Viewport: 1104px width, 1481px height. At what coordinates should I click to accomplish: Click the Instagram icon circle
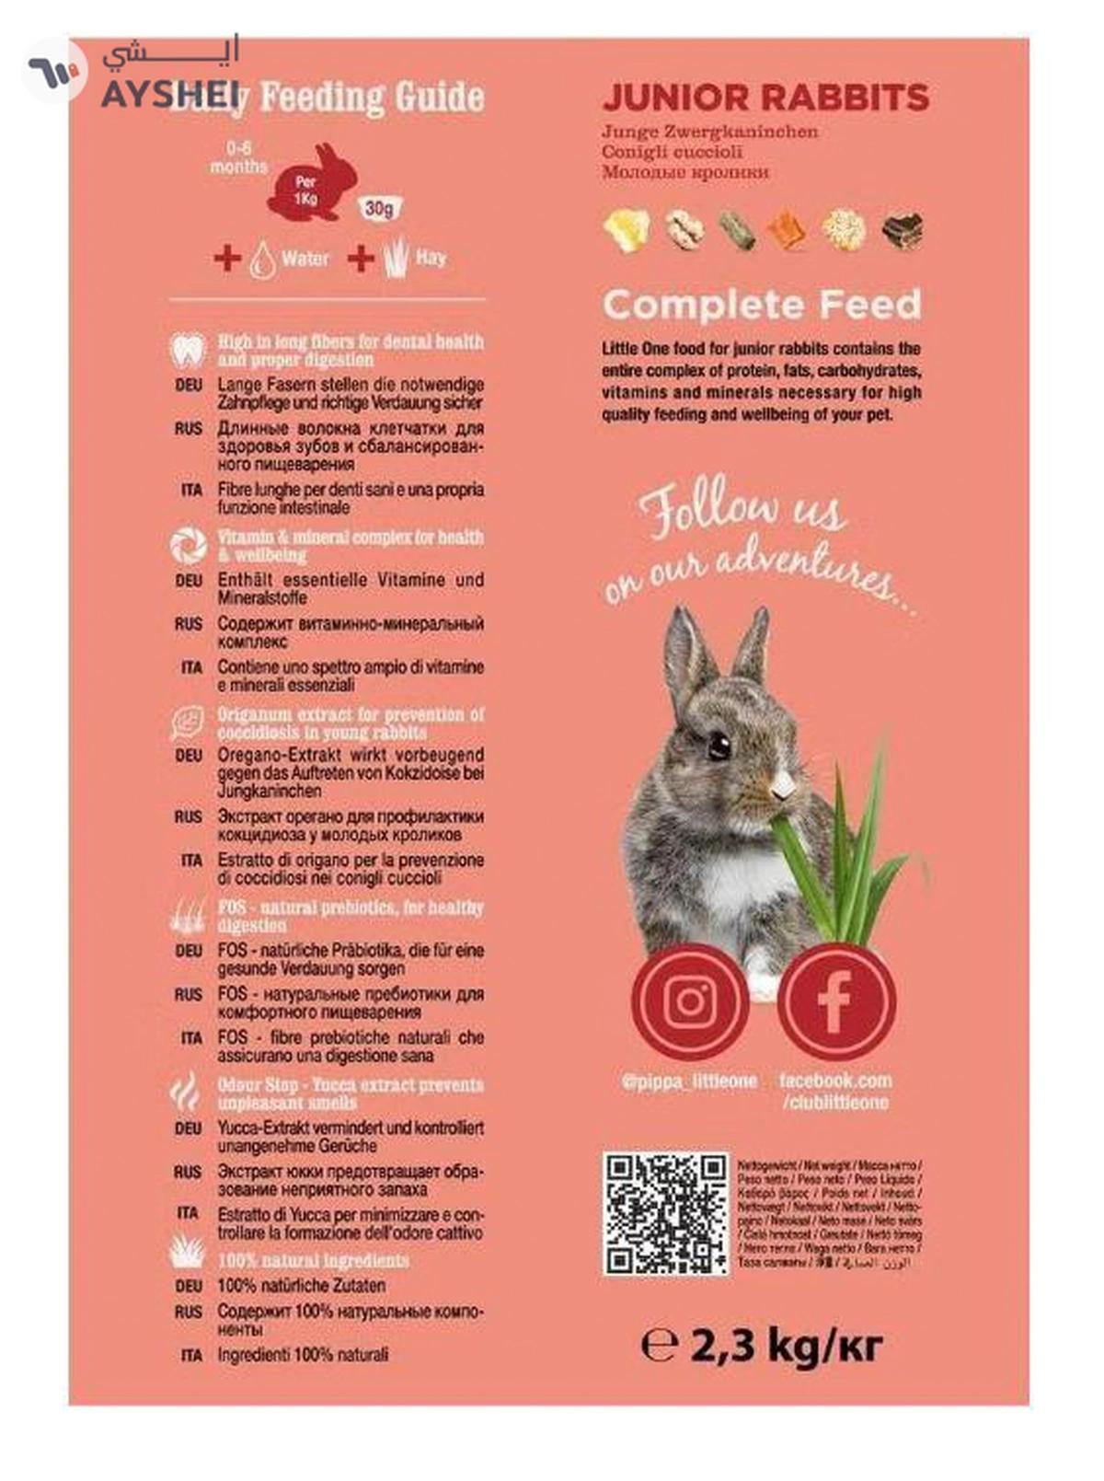click(x=689, y=1001)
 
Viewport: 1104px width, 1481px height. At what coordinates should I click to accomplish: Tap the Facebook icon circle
click(x=835, y=1001)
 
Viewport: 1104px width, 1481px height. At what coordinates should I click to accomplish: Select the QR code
click(x=665, y=1212)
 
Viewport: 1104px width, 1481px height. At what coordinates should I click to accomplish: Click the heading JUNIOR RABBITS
click(x=765, y=98)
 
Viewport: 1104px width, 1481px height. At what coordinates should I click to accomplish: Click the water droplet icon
click(x=262, y=260)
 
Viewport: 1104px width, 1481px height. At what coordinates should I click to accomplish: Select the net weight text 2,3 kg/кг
click(x=785, y=1346)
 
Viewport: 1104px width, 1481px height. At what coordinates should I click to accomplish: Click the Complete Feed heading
click(x=761, y=305)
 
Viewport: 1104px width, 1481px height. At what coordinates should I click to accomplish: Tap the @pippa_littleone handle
click(x=689, y=1082)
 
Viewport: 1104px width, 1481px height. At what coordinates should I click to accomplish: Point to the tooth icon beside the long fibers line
click(x=188, y=350)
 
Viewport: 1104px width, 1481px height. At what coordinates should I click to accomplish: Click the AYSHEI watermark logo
click(x=129, y=74)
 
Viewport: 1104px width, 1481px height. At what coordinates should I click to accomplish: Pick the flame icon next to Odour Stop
click(x=187, y=1093)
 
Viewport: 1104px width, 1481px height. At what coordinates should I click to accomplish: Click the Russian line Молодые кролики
click(x=685, y=172)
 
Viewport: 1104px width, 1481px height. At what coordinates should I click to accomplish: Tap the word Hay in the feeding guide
click(x=431, y=258)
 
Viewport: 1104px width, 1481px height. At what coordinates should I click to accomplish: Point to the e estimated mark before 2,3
click(x=659, y=1346)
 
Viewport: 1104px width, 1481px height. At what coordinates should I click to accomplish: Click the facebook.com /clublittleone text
click(x=835, y=1091)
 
